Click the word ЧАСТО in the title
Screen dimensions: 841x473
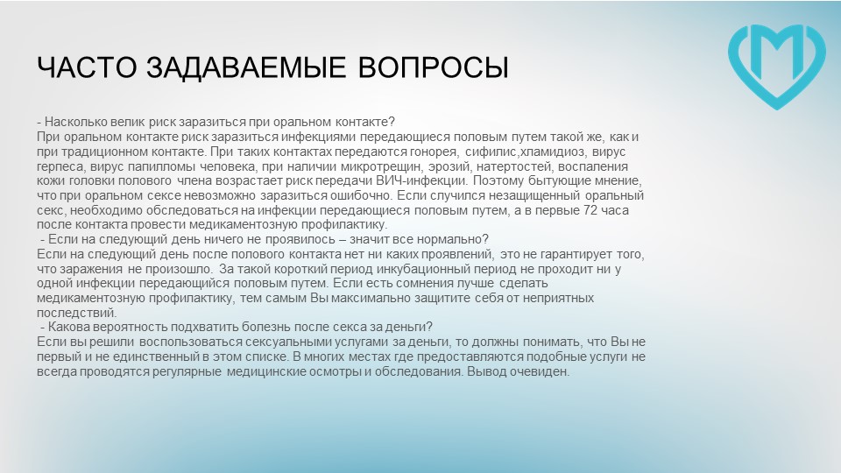[87, 67]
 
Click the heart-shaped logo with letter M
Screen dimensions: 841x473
[777, 64]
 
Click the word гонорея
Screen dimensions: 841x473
[433, 152]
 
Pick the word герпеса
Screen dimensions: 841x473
[60, 166]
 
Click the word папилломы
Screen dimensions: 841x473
[162, 166]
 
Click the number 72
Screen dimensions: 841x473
[590, 210]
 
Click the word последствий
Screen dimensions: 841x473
[77, 313]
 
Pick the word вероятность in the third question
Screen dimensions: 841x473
[130, 327]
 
